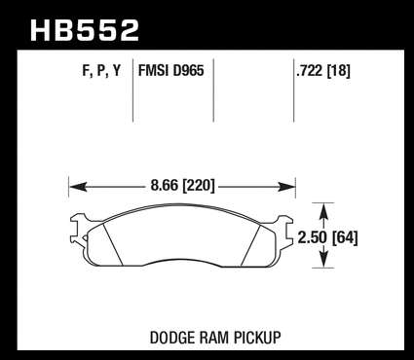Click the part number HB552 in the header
click(85, 30)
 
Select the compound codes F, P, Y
click(101, 71)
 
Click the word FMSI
click(154, 71)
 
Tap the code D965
click(188, 71)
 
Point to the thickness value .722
click(310, 71)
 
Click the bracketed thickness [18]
click(338, 71)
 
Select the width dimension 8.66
click(165, 186)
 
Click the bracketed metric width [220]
click(199, 186)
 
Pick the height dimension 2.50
click(312, 238)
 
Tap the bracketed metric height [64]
click(344, 238)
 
